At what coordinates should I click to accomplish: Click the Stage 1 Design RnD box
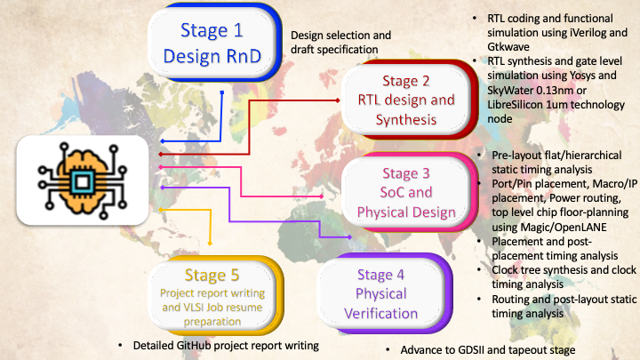211,42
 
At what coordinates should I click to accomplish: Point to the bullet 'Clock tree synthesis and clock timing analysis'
559,276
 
